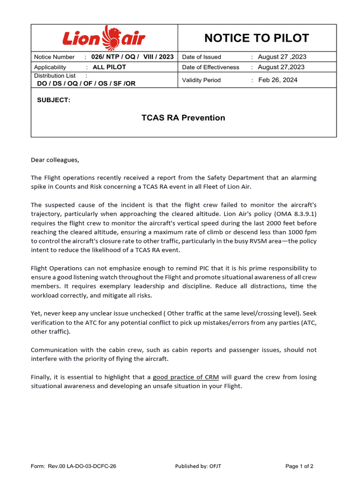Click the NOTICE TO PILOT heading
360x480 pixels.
(257, 38)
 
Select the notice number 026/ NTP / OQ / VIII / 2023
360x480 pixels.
(132, 57)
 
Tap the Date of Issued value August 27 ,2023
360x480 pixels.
(282, 57)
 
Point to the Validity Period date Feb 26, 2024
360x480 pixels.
(277, 80)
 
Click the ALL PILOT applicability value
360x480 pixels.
(109, 67)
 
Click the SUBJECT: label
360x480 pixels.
(53, 100)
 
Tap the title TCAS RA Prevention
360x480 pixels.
(183, 118)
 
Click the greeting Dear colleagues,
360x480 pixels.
(55, 160)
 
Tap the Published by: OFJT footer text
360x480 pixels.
(198, 466)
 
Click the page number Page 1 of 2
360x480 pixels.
(300, 466)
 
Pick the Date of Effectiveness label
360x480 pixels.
(210, 67)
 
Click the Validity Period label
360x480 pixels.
(201, 80)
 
